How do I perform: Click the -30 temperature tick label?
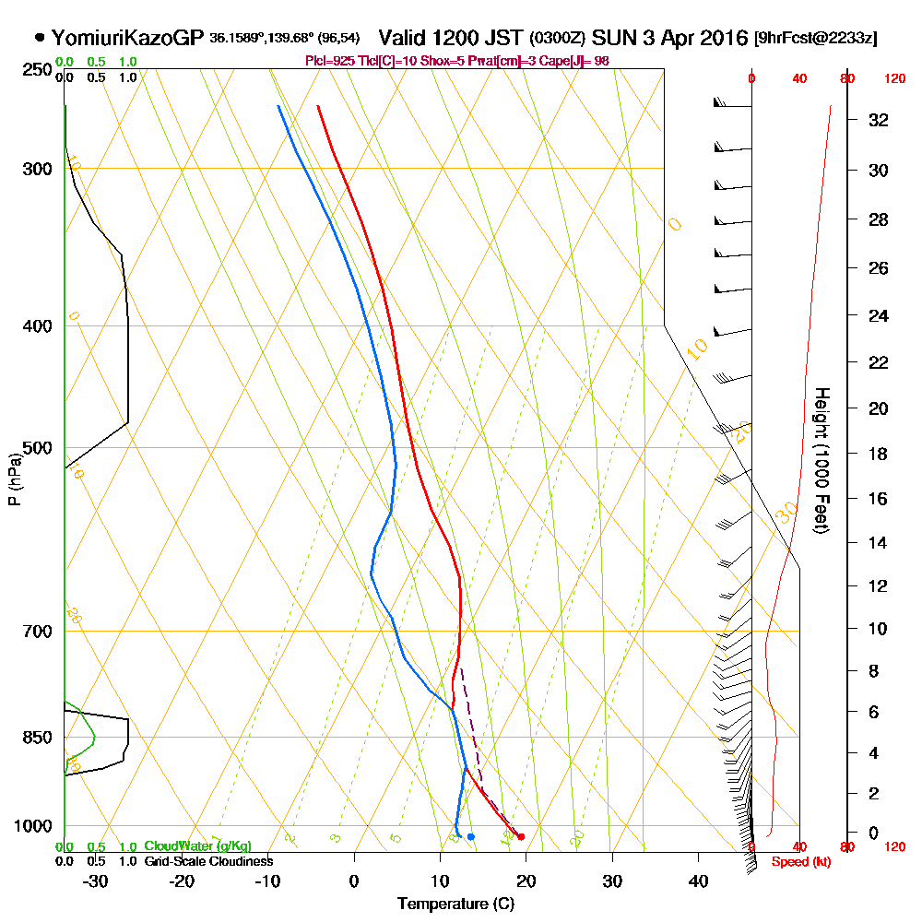pos(96,881)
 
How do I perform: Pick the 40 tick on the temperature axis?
pos(698,881)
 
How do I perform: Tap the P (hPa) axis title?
pos(14,479)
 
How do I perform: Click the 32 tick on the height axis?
pos(879,120)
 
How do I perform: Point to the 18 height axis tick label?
pos(879,454)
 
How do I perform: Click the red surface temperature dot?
pos(521,836)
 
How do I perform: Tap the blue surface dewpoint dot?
pos(470,836)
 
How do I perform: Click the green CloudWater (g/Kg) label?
pos(197,846)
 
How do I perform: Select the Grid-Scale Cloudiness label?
pos(207,861)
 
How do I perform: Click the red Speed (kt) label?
pos(797,862)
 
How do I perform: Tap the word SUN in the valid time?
pos(612,38)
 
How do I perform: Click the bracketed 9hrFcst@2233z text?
pos(816,39)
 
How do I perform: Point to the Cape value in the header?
pos(576,61)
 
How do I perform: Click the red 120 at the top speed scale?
pos(893,79)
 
